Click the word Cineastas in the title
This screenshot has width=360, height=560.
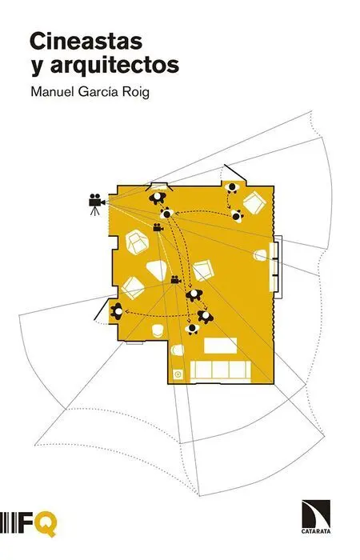click(x=86, y=42)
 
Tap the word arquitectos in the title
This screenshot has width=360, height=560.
click(x=114, y=66)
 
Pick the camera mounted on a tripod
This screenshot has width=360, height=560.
click(x=96, y=204)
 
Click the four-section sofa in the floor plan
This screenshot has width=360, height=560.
click(x=221, y=370)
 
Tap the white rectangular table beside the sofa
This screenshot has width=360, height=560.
click(x=220, y=346)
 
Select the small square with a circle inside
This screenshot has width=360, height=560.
click(x=178, y=374)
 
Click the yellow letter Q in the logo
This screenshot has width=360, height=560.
click(x=46, y=524)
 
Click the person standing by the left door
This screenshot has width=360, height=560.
click(x=117, y=311)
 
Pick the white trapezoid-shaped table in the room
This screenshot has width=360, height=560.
click(x=157, y=270)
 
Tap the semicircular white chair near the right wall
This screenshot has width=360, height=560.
click(x=260, y=255)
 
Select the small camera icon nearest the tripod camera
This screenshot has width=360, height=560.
click(x=157, y=227)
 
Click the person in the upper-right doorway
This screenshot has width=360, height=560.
click(x=233, y=187)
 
